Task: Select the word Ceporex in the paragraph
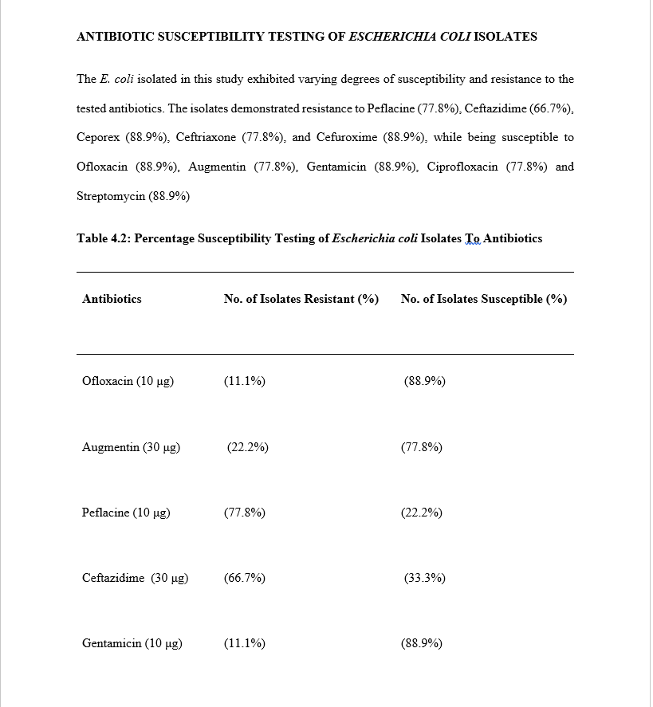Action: [x=98, y=137]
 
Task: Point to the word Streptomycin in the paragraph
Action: [x=111, y=196]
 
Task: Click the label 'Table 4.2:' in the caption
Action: [x=104, y=238]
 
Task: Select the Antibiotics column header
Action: [x=112, y=299]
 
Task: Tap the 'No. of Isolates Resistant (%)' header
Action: [x=301, y=299]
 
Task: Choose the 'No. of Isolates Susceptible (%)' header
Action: [x=484, y=299]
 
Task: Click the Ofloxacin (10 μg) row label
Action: [x=128, y=381]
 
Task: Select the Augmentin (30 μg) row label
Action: [x=131, y=447]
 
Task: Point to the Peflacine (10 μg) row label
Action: [x=126, y=513]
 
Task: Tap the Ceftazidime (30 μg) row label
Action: [x=135, y=578]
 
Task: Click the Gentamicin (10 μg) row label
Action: [x=132, y=643]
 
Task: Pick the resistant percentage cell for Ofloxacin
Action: [x=245, y=381]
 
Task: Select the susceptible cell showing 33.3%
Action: [x=425, y=578]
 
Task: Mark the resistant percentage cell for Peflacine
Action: [x=245, y=513]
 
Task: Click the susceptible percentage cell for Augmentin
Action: [x=422, y=447]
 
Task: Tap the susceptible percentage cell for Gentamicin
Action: [x=422, y=643]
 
